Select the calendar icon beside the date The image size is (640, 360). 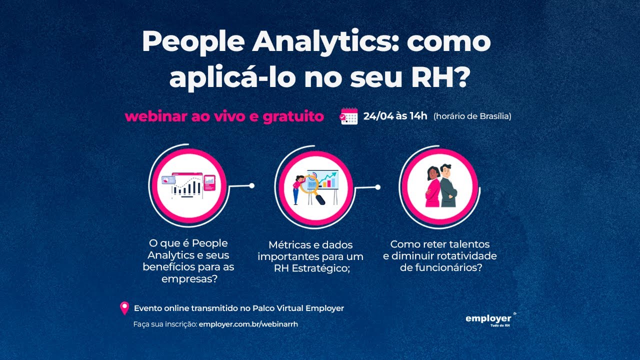tap(349, 116)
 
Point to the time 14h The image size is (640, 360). tap(418, 116)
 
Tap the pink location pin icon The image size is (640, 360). tap(124, 308)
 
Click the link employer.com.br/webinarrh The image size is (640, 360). tap(248, 324)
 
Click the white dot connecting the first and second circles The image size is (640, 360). tap(252, 186)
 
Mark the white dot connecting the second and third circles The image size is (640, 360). tap(377, 187)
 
